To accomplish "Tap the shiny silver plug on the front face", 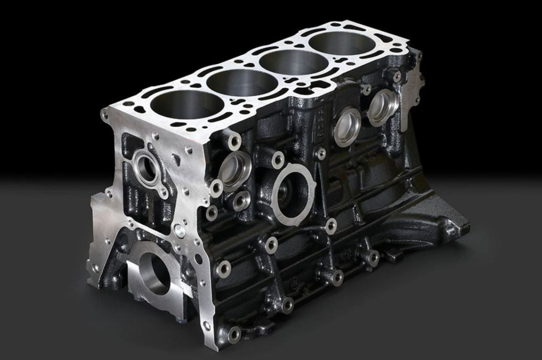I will click(180, 230).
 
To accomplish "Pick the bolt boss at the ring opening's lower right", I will click(330, 225).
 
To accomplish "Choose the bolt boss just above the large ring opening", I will click(277, 158).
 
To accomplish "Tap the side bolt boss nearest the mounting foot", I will click(373, 258).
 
